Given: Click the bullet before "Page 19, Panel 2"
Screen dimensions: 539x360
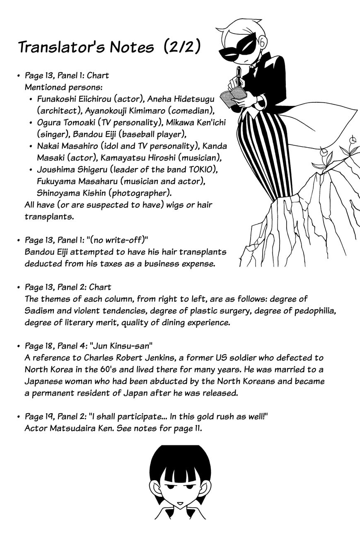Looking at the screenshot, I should click(x=19, y=416).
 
